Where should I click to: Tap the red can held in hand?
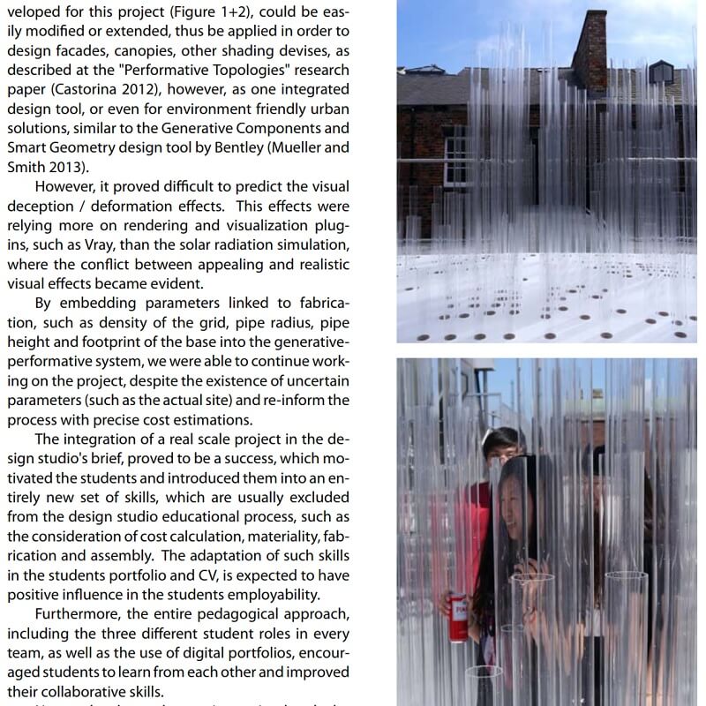pyautogui.click(x=458, y=617)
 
